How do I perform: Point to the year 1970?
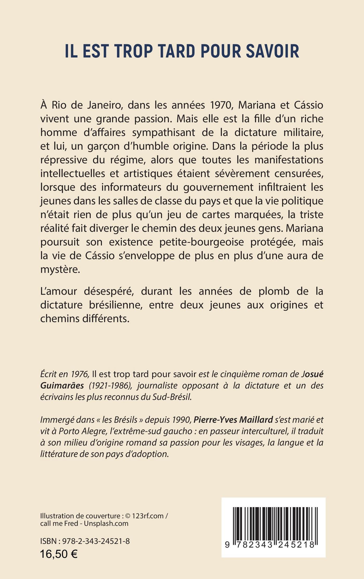pyautogui.click(x=220, y=105)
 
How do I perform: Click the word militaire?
pyautogui.click(x=302, y=132)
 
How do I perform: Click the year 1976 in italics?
pyautogui.click(x=80, y=374)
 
